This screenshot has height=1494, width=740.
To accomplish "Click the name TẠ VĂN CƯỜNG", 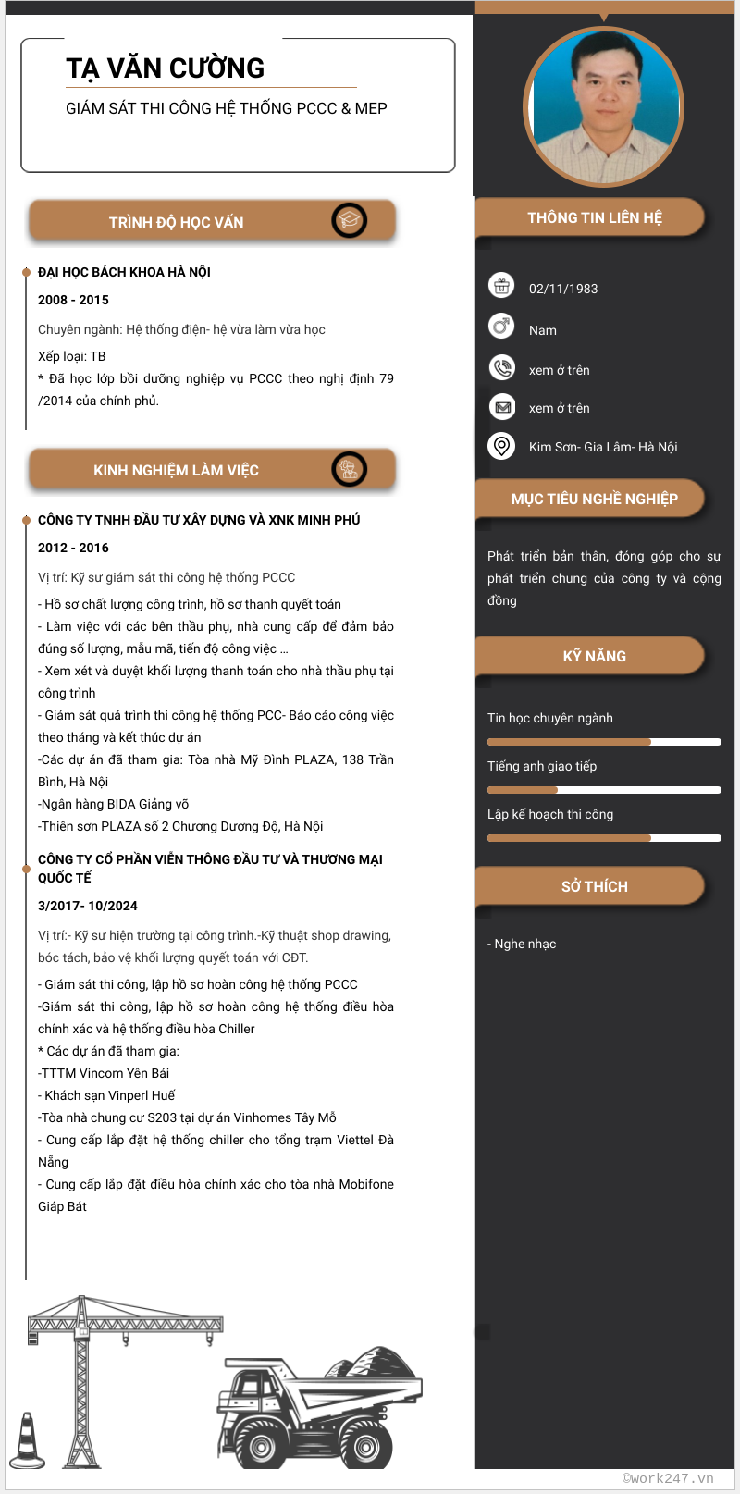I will pos(166,68).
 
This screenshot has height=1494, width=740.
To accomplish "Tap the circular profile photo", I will pos(603,106).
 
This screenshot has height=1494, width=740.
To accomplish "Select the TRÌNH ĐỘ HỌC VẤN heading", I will pos(176,222).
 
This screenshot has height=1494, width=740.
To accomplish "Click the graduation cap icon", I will pos(349,220).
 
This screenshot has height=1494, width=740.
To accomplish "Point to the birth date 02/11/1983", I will pos(563,289).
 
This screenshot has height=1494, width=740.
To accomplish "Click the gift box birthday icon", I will pos(501,286).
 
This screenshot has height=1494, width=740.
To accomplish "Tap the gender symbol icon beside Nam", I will pos(501,326).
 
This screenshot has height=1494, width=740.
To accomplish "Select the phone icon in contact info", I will pos(501,367).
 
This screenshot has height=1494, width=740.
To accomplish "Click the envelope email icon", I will pos(501,406).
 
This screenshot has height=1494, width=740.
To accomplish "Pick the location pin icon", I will pos(501,446).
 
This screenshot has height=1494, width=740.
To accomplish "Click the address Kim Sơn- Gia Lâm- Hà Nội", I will pos(603,447).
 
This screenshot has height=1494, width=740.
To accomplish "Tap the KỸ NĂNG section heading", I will pos(594,656).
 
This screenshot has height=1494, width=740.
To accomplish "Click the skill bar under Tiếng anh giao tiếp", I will pos(604,790).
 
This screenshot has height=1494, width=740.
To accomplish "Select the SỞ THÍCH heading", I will pos(594,886).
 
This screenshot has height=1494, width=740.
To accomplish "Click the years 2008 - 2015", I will pos(73,300).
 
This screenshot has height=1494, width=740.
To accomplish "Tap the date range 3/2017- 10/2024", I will pos(88,906).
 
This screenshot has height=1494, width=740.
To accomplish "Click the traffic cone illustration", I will pos(27,1441).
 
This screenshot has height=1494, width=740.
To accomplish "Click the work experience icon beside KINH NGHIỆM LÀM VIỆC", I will pos(349,469).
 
